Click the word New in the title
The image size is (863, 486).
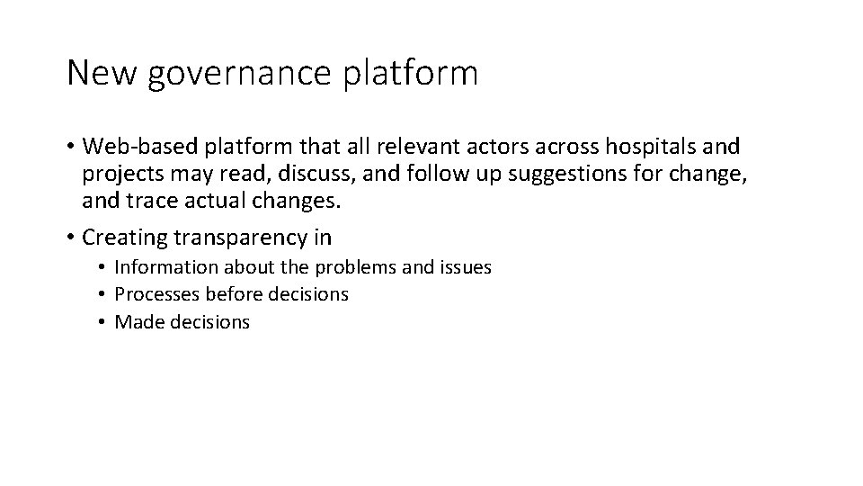(100, 73)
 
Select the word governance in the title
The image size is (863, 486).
(238, 75)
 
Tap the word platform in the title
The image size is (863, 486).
(410, 73)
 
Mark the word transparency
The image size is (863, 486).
(254, 238)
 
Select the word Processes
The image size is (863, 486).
(156, 294)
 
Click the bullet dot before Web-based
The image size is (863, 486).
(71, 147)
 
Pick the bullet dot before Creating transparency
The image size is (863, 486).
(71, 238)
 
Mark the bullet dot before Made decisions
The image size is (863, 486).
(104, 322)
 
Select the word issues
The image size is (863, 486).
(465, 267)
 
